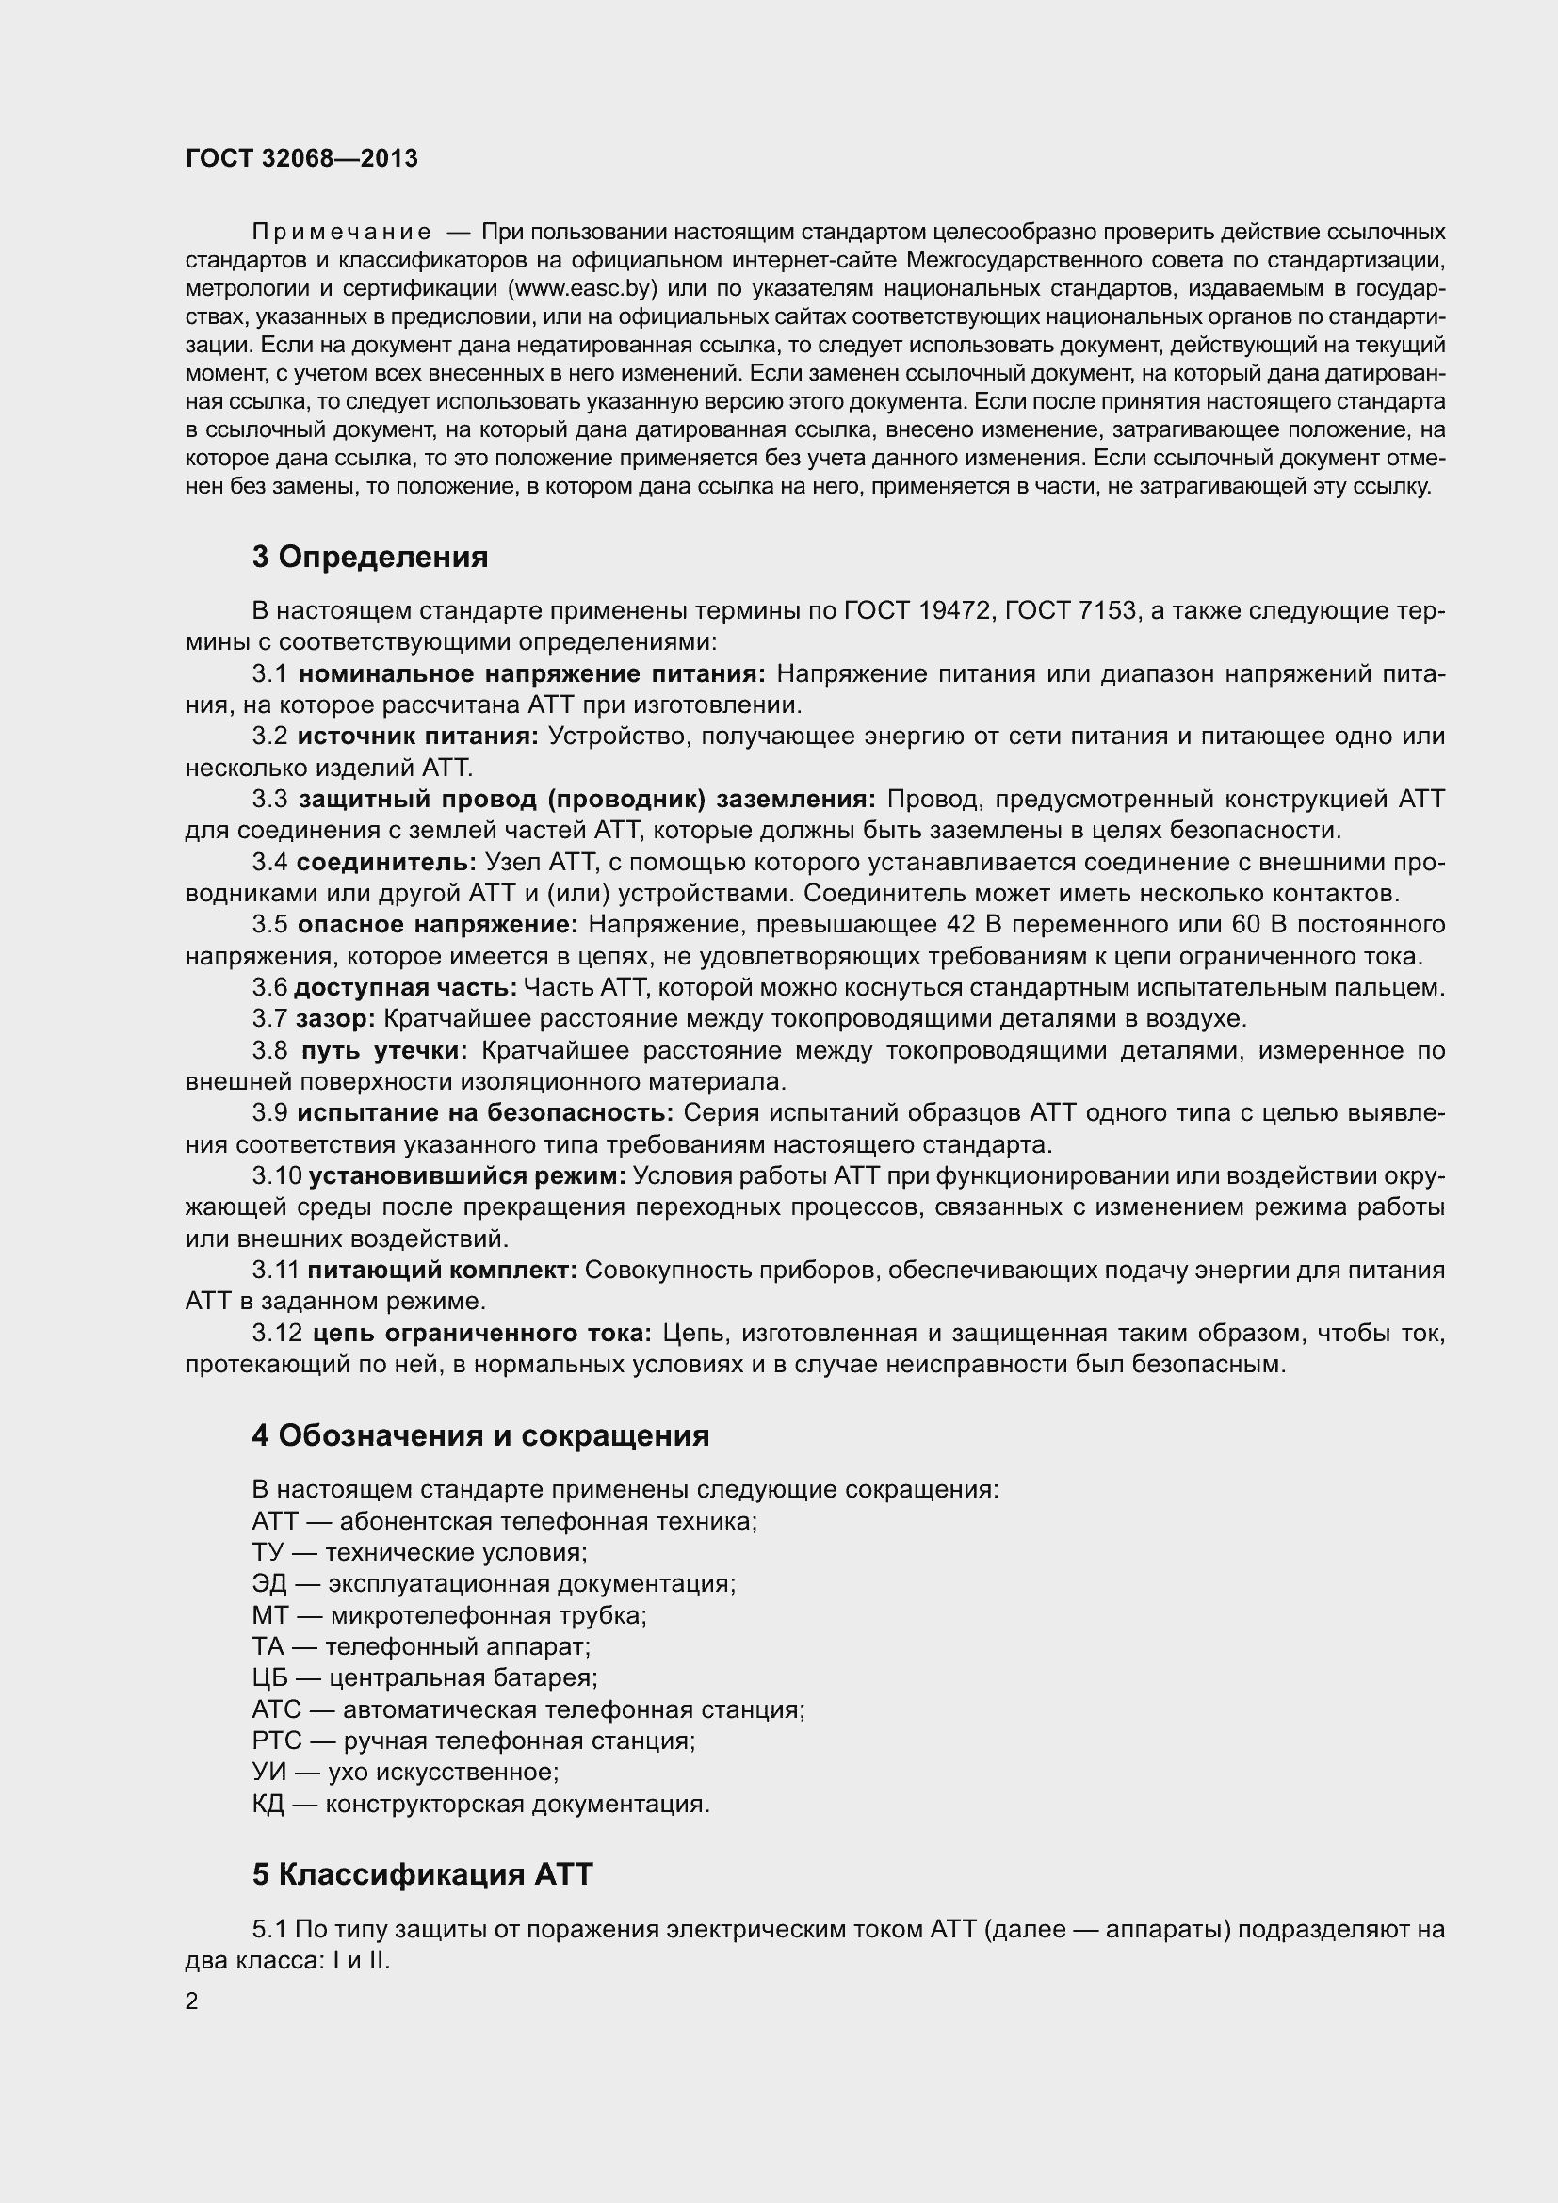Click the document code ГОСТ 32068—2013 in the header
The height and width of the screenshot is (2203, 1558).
301,158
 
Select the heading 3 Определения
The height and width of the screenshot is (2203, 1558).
369,558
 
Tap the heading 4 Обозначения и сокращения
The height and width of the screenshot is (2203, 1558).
480,1435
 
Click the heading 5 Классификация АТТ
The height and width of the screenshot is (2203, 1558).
422,1874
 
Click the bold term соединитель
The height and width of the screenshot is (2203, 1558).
386,863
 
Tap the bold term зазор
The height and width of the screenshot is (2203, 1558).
335,1019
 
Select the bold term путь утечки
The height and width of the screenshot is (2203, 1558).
384,1051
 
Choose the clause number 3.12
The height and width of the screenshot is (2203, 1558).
277,1333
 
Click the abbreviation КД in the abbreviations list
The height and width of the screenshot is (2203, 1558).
268,1804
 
